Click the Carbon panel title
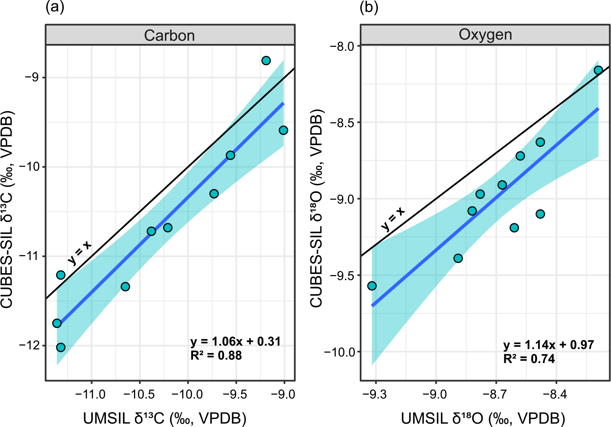169,36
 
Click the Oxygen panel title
485,35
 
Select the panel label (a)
54,8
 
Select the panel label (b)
369,8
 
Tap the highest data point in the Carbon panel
266,60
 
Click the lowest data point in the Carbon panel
61,347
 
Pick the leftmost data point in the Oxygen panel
372,286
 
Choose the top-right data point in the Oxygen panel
598,70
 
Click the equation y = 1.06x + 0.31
235,341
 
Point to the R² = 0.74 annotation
529,359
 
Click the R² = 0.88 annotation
216,355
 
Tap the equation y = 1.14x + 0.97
549,345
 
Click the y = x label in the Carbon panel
80,253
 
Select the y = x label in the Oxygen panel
393,219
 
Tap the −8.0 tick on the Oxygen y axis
342,46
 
